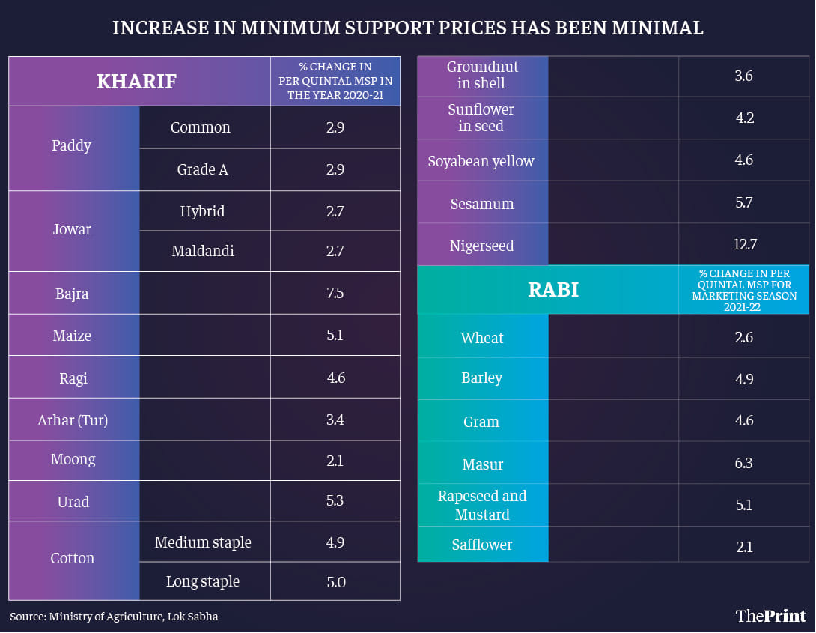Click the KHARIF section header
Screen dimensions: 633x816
click(137, 81)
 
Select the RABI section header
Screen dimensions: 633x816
click(553, 290)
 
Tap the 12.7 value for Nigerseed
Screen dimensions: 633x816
click(743, 245)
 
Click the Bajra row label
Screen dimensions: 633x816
click(72, 293)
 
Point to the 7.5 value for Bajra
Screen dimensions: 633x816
click(335, 293)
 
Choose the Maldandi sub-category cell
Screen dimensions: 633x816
click(203, 251)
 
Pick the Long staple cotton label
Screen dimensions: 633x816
click(203, 581)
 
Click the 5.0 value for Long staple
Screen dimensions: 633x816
click(335, 581)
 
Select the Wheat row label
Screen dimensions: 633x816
click(482, 338)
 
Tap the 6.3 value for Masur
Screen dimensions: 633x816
click(743, 464)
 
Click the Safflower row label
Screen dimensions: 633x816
click(482, 545)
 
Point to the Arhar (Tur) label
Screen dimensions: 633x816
click(73, 420)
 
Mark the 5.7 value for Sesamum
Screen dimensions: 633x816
click(743, 203)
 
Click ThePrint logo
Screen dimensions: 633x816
click(770, 616)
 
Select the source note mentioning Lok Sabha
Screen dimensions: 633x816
click(114, 617)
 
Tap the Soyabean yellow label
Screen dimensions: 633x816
click(481, 161)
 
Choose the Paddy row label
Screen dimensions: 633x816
click(72, 145)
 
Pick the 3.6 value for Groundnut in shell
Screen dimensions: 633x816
click(743, 75)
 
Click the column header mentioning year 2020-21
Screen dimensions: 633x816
click(335, 81)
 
